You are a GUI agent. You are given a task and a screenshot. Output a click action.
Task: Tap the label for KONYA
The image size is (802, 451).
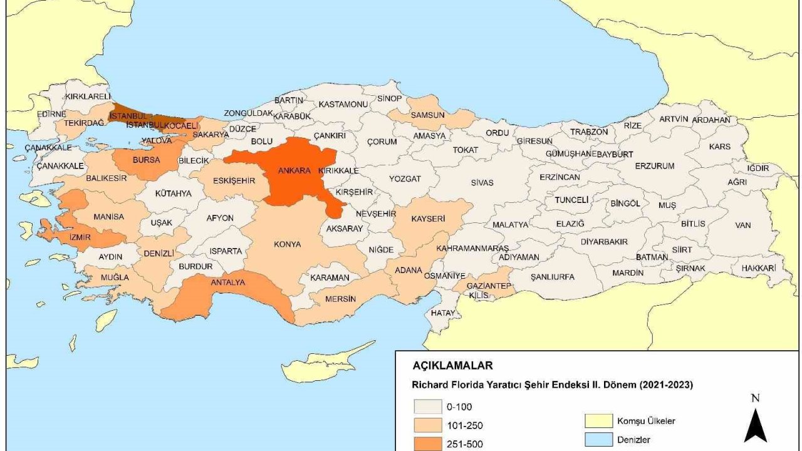tap(288, 244)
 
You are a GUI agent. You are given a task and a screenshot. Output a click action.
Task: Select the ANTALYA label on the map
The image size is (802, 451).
tap(227, 283)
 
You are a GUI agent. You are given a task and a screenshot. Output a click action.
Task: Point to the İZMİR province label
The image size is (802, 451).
tap(80, 237)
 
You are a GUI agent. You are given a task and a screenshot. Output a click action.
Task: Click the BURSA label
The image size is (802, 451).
tap(146, 160)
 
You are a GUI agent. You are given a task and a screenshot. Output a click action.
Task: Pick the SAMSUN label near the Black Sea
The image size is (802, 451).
tap(427, 115)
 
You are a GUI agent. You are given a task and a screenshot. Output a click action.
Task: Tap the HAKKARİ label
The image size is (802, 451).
tap(758, 267)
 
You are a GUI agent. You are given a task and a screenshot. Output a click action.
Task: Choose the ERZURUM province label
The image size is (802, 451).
tap(654, 166)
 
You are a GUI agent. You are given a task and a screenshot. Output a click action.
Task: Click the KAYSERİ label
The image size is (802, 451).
tap(428, 219)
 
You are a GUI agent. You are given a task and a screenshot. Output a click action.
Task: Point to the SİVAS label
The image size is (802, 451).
tap(482, 183)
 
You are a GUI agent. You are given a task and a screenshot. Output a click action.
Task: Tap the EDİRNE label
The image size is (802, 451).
tap(51, 114)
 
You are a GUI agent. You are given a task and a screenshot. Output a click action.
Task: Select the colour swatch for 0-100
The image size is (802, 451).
tap(425, 407)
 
